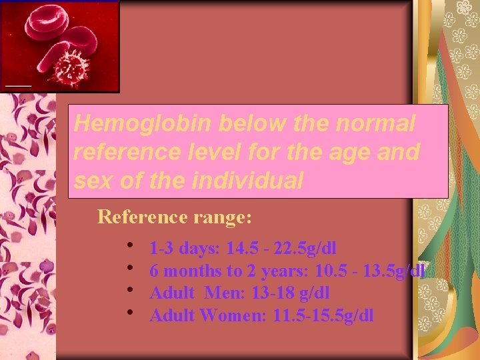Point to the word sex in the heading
pos(91,180)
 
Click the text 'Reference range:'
pos(175,217)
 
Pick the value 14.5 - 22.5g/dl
pos(281,249)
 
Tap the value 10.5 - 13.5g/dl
pos(368,271)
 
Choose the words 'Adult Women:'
pos(209,315)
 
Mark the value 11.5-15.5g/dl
pos(323,315)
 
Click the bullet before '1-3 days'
pos(131,247)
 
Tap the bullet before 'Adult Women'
pos(131,313)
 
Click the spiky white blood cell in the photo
pos(71,67)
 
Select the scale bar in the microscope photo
pos(19,86)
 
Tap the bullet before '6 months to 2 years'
pos(131,269)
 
